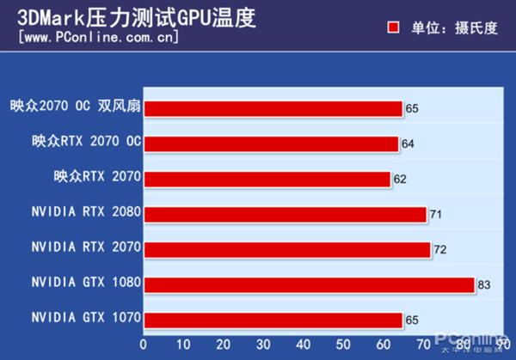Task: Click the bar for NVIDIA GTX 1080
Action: pyautogui.click(x=309, y=284)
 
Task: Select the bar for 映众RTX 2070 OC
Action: pyautogui.click(x=271, y=143)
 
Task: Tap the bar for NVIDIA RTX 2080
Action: pyautogui.click(x=285, y=214)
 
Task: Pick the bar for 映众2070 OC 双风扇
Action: pyautogui.click(x=273, y=108)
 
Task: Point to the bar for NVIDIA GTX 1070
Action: pyautogui.click(x=273, y=320)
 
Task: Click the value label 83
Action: pyautogui.click(x=484, y=285)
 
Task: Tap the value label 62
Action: pyautogui.click(x=400, y=180)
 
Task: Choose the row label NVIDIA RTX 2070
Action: pyautogui.click(x=86, y=247)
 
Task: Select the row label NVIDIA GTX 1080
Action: pyautogui.click(x=86, y=282)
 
